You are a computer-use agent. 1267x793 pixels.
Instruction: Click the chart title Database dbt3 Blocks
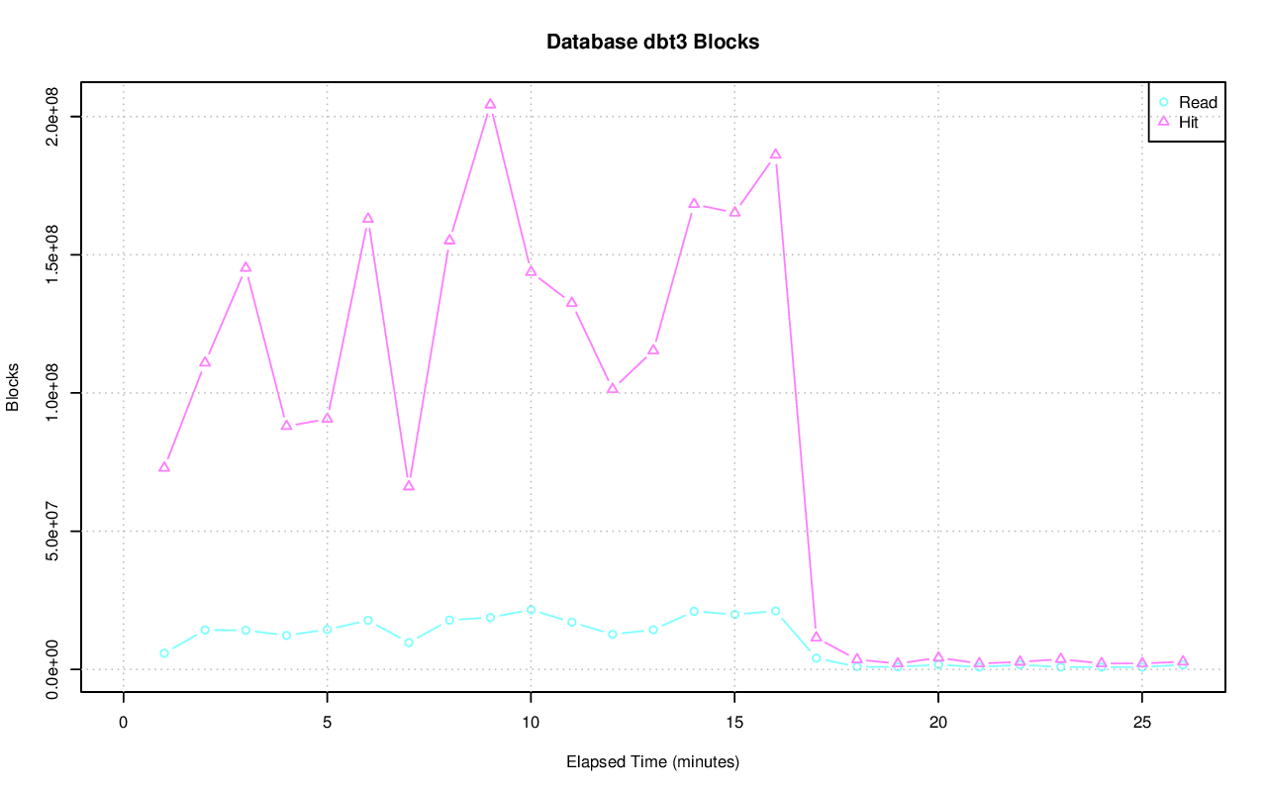coord(652,42)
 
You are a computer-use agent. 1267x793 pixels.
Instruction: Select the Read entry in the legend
coord(1197,102)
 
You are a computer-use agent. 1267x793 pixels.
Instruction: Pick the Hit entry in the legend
coord(1188,123)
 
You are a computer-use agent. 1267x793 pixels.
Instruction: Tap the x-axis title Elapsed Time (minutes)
coord(652,762)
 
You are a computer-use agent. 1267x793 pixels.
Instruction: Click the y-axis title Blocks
coord(13,387)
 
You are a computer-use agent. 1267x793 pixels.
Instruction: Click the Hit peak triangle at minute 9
coord(490,104)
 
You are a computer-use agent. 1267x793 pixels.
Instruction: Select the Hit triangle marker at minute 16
coord(775,154)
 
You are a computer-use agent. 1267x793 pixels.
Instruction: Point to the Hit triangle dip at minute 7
coord(409,485)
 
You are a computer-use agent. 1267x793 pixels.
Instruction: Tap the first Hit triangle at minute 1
coord(164,467)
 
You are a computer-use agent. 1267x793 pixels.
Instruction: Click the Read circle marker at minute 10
coord(531,610)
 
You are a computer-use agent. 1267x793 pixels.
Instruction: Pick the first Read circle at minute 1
coord(164,653)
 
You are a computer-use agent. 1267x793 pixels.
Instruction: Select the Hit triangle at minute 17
coord(816,637)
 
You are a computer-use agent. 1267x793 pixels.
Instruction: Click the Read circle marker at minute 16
coord(775,611)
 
